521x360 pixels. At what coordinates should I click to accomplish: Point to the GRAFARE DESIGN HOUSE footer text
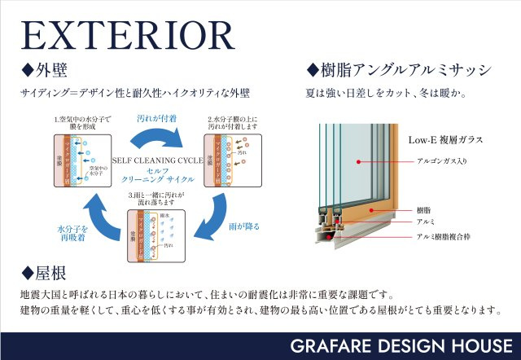[402, 345]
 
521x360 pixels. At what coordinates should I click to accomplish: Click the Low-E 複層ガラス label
[445, 140]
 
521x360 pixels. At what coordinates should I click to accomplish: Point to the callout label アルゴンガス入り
[442, 161]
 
